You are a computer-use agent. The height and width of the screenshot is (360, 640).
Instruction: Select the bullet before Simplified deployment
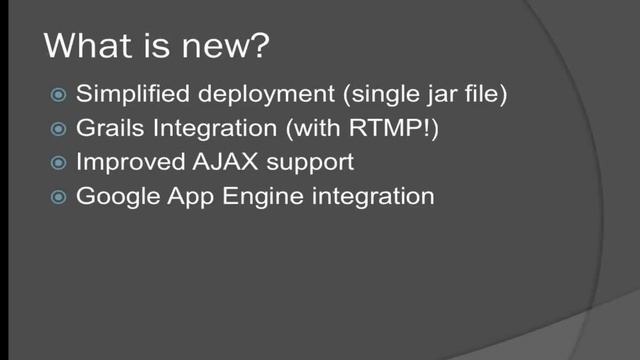[58, 95]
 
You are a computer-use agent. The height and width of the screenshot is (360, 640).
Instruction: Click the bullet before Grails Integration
[58, 129]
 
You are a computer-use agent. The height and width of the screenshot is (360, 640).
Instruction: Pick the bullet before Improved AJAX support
[58, 162]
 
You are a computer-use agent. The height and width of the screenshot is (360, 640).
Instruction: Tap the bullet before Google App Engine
[58, 196]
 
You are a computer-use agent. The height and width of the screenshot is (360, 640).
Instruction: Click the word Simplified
[124, 95]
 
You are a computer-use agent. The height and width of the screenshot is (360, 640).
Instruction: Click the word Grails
[106, 129]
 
